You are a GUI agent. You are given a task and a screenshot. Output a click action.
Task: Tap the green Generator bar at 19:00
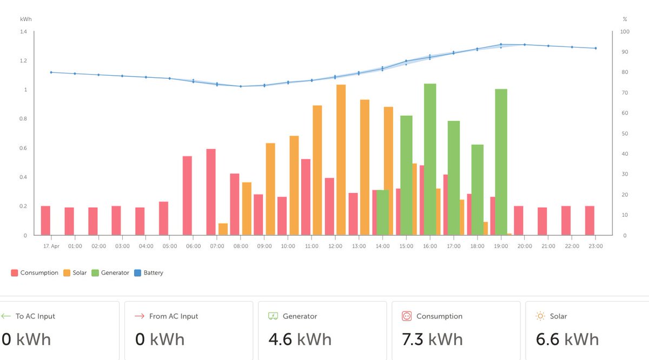(x=501, y=162)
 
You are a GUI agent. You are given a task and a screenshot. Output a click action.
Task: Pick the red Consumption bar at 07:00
(x=211, y=192)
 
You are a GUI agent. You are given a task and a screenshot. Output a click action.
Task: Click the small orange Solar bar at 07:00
(x=223, y=229)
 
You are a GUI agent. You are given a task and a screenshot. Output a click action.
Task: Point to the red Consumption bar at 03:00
(x=116, y=221)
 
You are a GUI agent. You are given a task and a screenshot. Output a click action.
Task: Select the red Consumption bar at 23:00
(x=590, y=221)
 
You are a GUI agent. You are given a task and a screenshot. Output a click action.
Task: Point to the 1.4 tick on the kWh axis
(x=23, y=32)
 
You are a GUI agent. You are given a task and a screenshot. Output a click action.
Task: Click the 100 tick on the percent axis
(x=625, y=32)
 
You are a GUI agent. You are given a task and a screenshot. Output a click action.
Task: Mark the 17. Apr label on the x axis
(x=51, y=246)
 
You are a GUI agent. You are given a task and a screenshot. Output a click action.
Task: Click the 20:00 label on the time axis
(x=525, y=246)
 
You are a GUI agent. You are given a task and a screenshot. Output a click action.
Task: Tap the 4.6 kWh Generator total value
(x=300, y=339)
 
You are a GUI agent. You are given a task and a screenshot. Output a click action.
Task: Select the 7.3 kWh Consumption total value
(x=433, y=339)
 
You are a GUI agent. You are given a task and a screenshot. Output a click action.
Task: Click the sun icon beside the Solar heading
(x=540, y=316)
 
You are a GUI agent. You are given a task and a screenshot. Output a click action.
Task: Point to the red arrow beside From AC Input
(x=139, y=316)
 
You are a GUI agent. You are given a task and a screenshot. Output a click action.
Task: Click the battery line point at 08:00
(x=241, y=86)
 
